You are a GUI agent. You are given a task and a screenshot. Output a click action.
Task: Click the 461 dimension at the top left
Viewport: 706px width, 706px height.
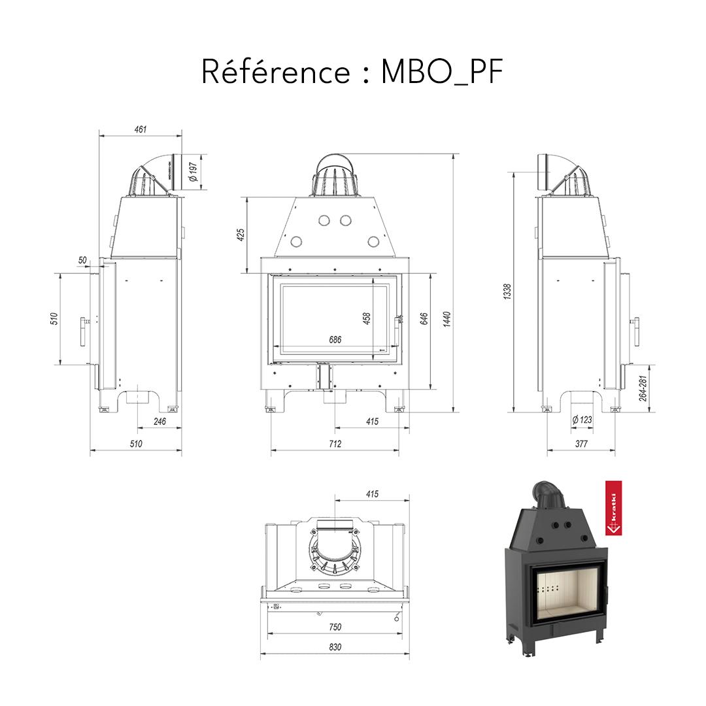140,129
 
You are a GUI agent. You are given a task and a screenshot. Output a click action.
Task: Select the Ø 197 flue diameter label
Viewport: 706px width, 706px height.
193,172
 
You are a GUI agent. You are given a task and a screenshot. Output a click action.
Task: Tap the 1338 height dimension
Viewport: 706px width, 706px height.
507,292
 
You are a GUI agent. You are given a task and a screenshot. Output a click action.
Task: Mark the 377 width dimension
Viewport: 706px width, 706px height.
581,444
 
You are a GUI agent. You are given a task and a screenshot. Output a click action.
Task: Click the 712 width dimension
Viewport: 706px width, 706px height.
335,444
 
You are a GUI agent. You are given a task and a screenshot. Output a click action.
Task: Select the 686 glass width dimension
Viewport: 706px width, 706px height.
335,340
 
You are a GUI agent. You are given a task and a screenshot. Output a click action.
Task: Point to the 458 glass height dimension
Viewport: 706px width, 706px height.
367,318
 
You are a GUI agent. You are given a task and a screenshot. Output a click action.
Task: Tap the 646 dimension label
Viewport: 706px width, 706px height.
424,319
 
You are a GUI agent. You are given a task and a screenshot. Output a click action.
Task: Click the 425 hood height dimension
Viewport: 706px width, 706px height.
241,234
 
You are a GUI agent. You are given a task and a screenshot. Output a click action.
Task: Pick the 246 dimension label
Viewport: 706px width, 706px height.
159,422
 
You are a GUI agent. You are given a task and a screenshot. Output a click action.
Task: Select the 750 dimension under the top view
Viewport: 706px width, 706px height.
335,627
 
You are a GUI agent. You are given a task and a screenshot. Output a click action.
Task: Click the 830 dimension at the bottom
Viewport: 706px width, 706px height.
335,647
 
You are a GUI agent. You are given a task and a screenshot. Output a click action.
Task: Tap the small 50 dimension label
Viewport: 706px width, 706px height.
82,260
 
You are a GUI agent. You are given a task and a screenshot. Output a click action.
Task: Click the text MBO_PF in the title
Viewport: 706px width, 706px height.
442,72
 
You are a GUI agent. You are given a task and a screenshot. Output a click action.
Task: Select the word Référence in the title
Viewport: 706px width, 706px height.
275,72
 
